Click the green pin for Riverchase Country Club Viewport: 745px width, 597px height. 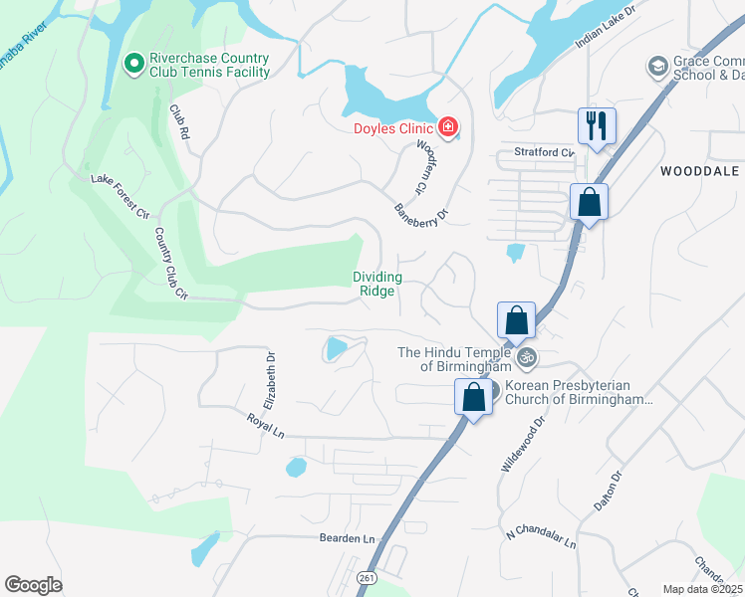tap(132, 65)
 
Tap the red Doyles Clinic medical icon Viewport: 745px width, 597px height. tap(448, 127)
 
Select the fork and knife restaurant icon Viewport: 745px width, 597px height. tap(597, 126)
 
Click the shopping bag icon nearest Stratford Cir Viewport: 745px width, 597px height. tap(589, 202)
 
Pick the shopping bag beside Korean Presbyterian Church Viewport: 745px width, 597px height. tap(474, 397)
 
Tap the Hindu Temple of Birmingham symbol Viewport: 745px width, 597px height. tap(527, 356)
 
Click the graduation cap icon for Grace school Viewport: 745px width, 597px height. tap(657, 67)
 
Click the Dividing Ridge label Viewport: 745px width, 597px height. tap(377, 284)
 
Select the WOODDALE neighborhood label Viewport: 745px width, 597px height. tap(701, 171)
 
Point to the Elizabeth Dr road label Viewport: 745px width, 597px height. tap(269, 379)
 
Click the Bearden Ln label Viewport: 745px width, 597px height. tap(346, 538)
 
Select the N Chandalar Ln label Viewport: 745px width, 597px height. tap(541, 538)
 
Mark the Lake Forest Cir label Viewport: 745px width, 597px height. tap(120, 196)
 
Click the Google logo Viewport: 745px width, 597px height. tap(33, 584)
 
